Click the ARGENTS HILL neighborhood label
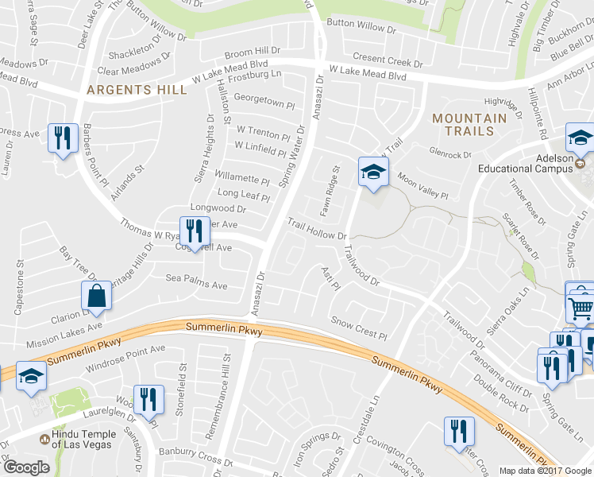(137, 90)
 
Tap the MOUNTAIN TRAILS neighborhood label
(469, 124)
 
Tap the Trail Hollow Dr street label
(317, 230)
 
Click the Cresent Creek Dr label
(388, 59)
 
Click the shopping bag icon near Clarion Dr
(96, 297)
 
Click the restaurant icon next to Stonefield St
(148, 399)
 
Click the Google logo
(25, 467)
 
